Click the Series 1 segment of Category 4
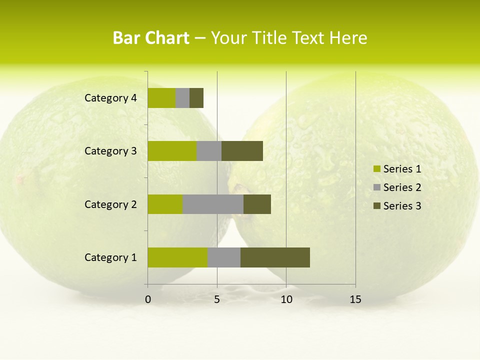point(161,98)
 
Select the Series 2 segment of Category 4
point(182,98)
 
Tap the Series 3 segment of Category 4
point(196,98)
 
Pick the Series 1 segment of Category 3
point(172,151)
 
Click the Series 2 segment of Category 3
point(209,151)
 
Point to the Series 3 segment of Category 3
point(242,151)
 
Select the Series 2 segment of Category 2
point(213,204)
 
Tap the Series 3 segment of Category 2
point(257,204)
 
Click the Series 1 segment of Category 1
point(177,257)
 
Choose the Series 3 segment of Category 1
point(275,257)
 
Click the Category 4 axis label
point(110,98)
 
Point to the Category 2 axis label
point(110,204)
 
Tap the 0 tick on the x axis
point(148,299)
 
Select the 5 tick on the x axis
point(217,299)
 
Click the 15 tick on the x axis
point(355,299)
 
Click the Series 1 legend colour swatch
point(376,169)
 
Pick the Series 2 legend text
point(402,187)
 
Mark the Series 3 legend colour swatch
point(376,206)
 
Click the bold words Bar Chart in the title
point(151,38)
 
